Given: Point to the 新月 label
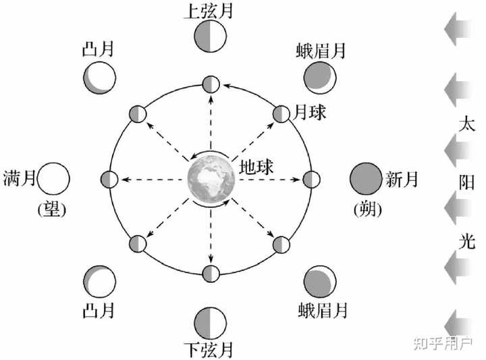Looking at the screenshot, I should (402, 179).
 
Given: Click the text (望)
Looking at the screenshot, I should (51, 210).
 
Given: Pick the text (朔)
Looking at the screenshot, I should (367, 210).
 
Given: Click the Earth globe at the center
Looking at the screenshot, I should (211, 180).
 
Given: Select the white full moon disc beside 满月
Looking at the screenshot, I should (53, 179).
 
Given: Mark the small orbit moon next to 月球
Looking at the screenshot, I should (281, 113).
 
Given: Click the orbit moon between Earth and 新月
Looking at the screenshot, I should (311, 180).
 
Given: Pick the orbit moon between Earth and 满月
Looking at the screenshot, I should (109, 180).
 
